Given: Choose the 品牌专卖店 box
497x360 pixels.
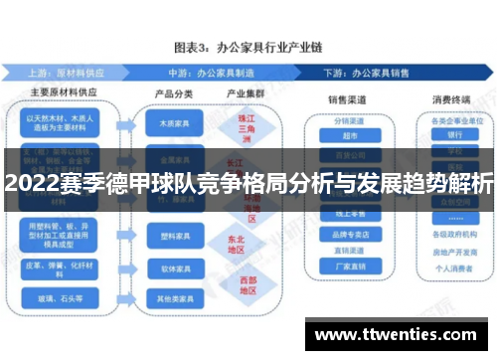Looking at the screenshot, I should pos(350,236).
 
